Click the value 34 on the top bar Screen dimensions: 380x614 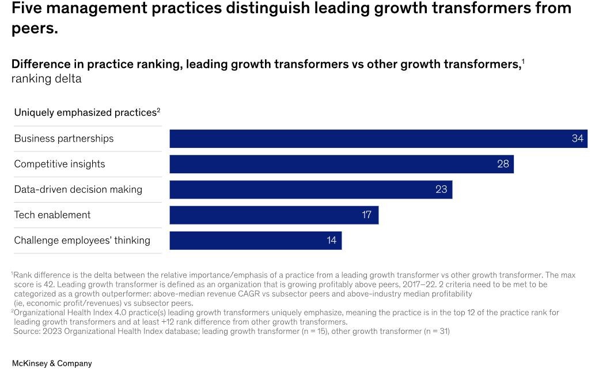(577, 139)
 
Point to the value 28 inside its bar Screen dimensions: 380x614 (503, 164)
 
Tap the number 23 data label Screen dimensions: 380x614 (441, 189)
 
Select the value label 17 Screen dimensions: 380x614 (367, 215)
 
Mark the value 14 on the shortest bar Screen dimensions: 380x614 (331, 240)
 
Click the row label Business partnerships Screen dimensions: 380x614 (64, 139)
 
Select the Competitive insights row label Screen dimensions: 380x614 (59, 164)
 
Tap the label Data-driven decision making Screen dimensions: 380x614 (78, 189)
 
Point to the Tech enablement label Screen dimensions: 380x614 (52, 215)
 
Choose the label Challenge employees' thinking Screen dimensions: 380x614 (82, 240)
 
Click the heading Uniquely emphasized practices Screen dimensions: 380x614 (85, 113)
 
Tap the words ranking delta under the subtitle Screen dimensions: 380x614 (47, 79)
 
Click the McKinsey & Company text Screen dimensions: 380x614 (52, 363)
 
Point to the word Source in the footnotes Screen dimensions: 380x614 (26, 331)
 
